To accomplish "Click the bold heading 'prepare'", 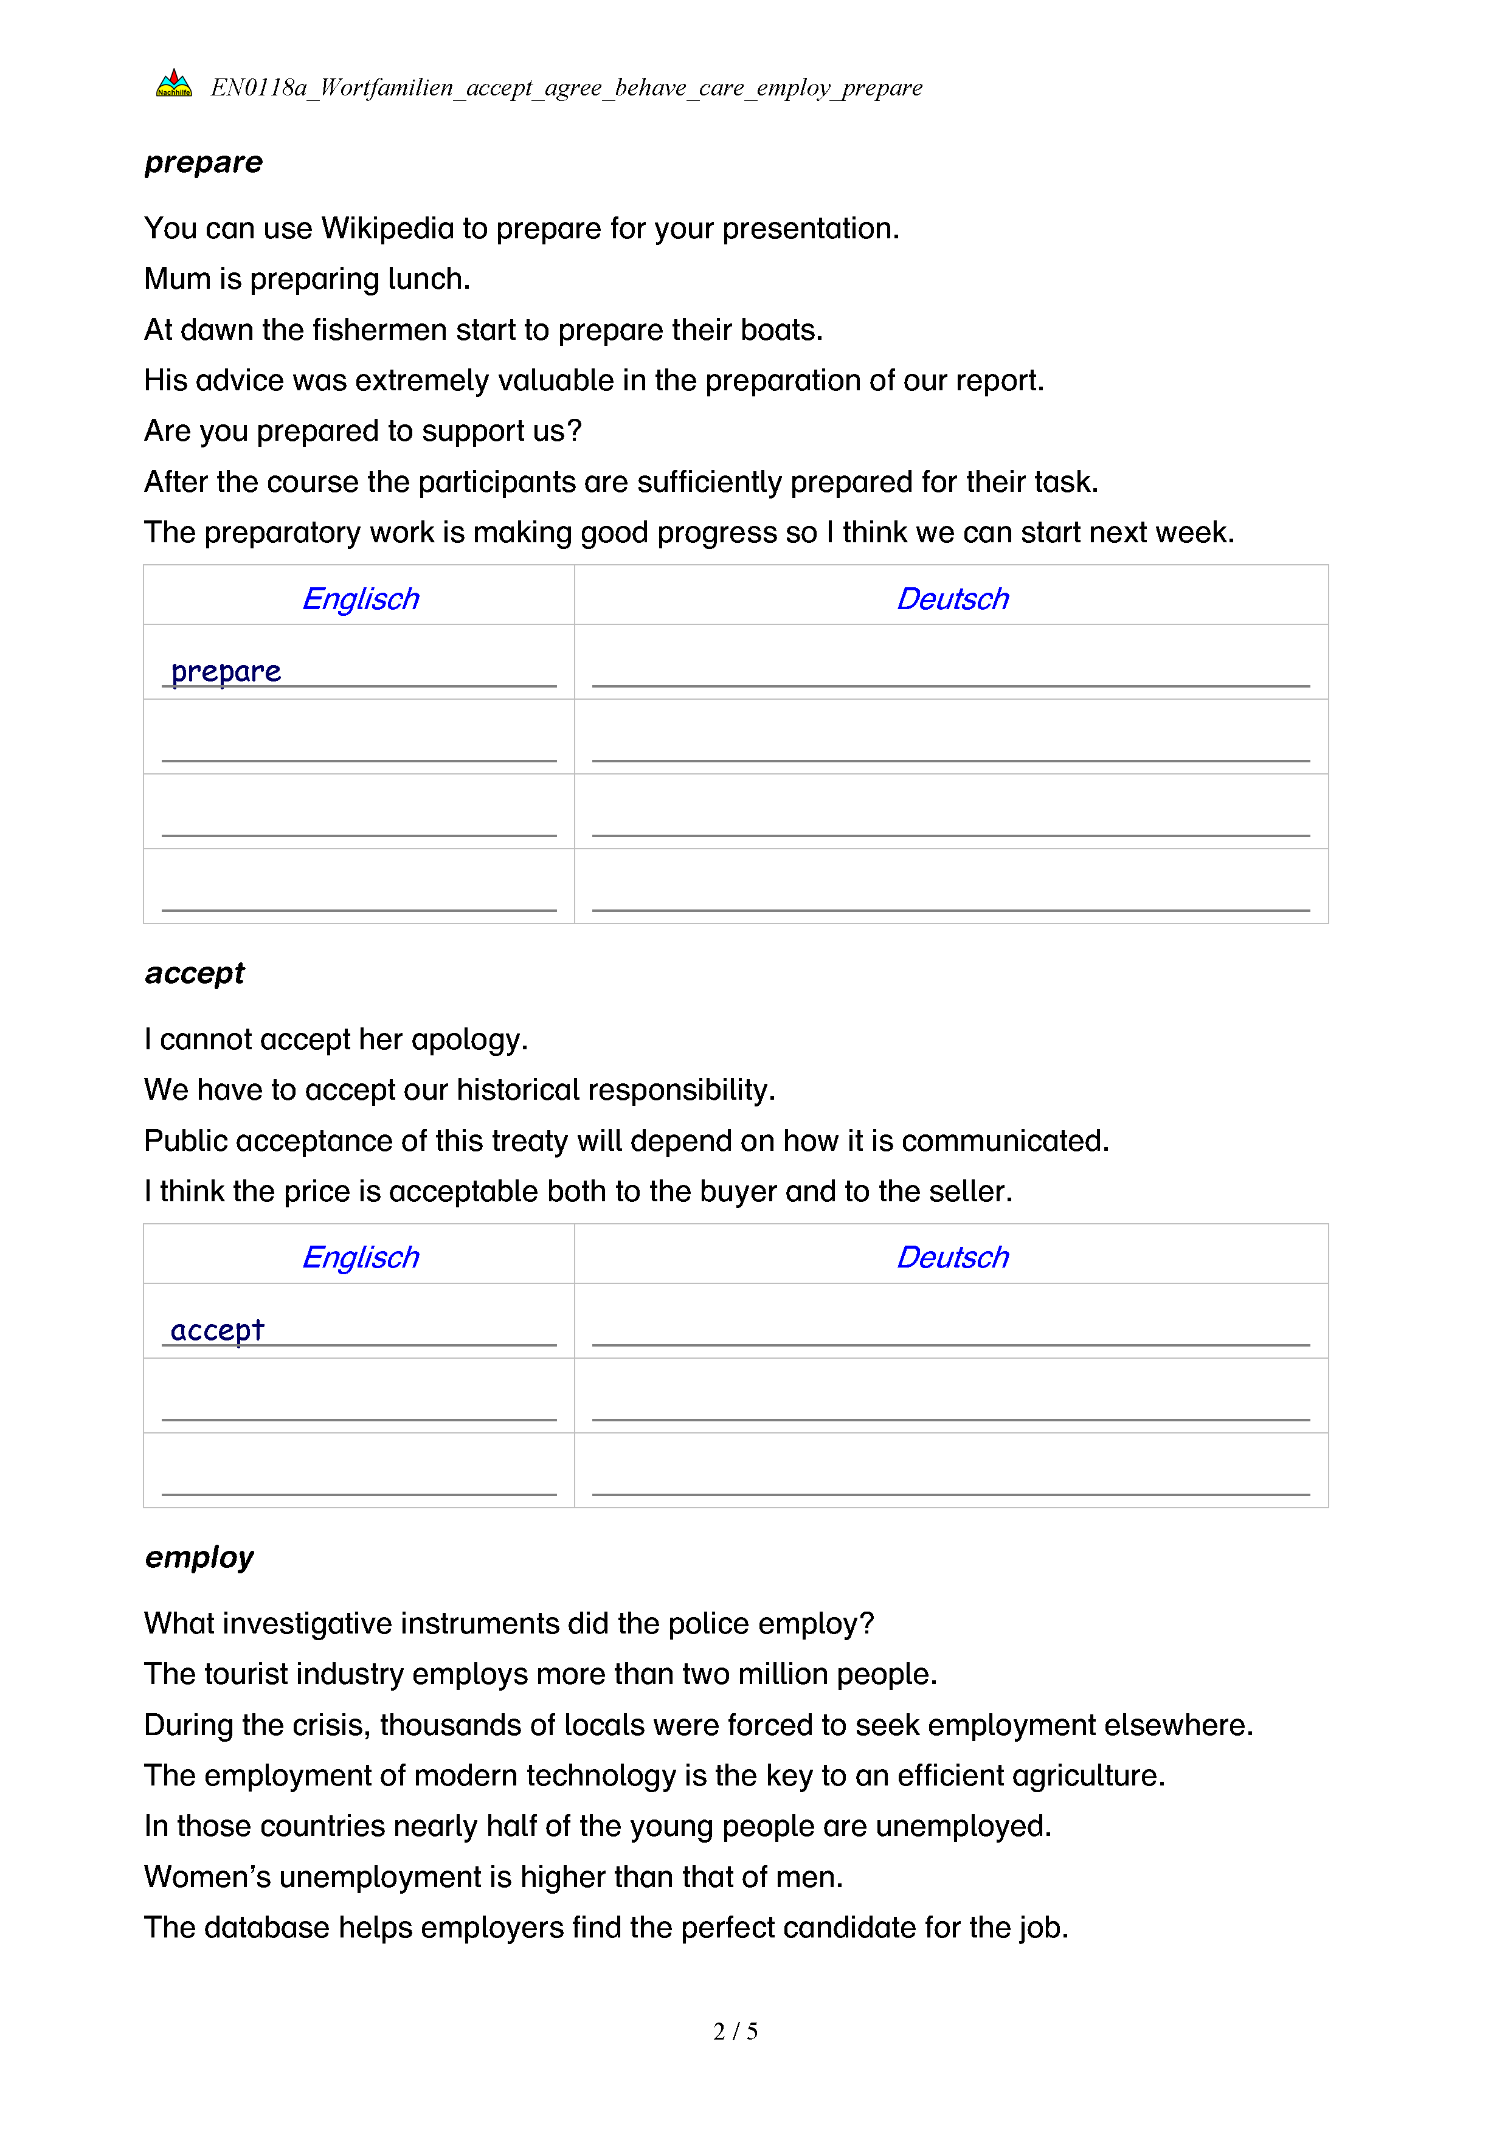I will click(203, 162).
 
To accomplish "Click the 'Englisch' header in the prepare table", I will click(361, 599).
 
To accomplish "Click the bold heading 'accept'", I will click(194, 973).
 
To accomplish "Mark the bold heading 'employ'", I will click(199, 1558).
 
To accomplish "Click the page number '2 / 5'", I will click(735, 2032).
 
